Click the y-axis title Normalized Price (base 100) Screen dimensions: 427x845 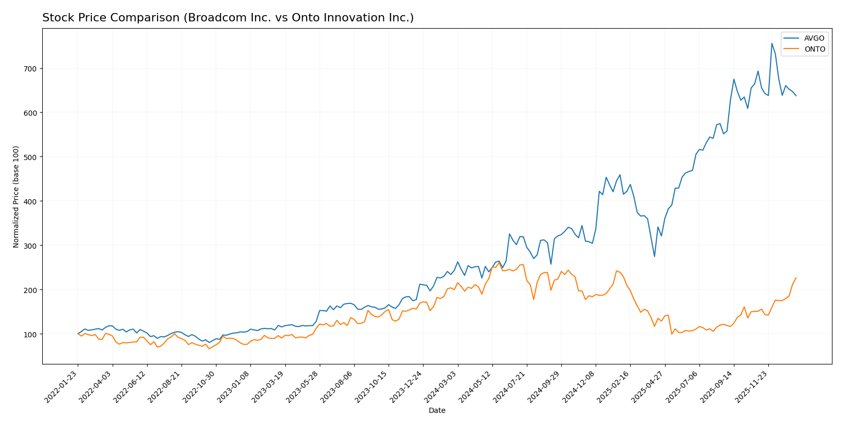tap(16, 197)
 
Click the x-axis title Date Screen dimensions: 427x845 tap(437, 411)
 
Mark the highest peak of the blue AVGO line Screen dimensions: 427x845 tap(771, 43)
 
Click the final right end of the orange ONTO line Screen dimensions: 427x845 tap(796, 278)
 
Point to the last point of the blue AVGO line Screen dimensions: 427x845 tap(796, 96)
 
